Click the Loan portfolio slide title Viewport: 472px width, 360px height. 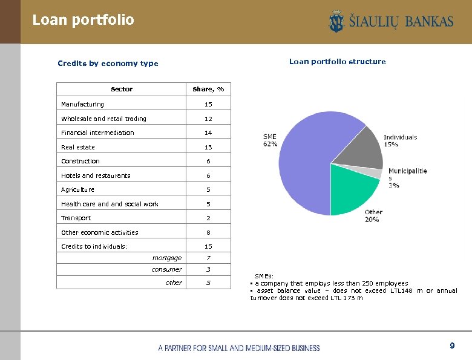[x=83, y=20]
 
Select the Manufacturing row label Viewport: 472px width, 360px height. [x=82, y=105]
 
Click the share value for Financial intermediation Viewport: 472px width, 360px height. [x=208, y=133]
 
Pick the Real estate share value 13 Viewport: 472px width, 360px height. [x=208, y=147]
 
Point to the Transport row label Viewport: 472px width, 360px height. [x=76, y=218]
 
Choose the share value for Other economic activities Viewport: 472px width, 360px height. [x=208, y=232]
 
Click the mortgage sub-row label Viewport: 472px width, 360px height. [x=166, y=258]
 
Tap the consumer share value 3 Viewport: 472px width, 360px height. [x=208, y=269]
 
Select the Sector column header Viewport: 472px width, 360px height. [x=122, y=89]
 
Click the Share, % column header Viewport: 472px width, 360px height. [x=208, y=89]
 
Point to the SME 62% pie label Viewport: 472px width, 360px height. [x=270, y=140]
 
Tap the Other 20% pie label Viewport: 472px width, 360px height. [x=373, y=215]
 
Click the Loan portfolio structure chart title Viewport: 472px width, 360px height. [x=337, y=62]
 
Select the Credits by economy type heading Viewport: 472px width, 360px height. [x=108, y=63]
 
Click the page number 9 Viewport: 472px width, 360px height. [x=451, y=345]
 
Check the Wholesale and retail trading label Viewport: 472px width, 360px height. [x=103, y=119]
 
